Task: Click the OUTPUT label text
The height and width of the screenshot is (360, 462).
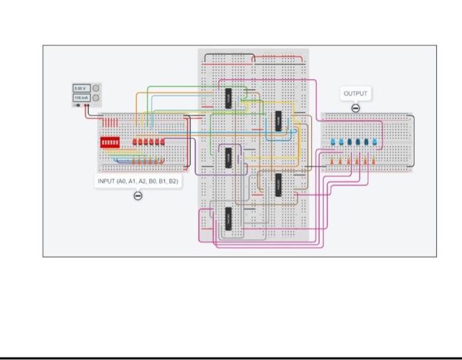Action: pyautogui.click(x=355, y=94)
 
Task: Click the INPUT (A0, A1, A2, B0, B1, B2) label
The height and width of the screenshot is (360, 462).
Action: pyautogui.click(x=138, y=180)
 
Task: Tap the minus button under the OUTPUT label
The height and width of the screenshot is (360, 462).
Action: pyautogui.click(x=355, y=108)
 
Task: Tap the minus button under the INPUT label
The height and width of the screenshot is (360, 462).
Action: pyautogui.click(x=138, y=195)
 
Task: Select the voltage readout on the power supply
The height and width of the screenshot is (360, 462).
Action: pyautogui.click(x=79, y=88)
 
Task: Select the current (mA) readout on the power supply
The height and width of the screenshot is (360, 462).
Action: pyautogui.click(x=79, y=98)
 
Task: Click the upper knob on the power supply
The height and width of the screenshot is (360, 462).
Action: pyautogui.click(x=95, y=88)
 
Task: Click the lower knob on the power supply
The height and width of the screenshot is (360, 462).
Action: pyautogui.click(x=95, y=98)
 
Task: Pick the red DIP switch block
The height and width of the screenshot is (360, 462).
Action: pyautogui.click(x=110, y=142)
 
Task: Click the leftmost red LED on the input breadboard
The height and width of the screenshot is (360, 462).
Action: pyautogui.click(x=135, y=142)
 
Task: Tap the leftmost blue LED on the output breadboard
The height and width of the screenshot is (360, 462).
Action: pyautogui.click(x=333, y=143)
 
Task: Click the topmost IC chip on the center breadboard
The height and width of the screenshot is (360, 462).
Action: pyautogui.click(x=228, y=98)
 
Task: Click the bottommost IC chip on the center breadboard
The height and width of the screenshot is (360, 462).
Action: pyautogui.click(x=228, y=218)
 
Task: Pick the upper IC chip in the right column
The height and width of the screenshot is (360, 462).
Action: pyautogui.click(x=278, y=122)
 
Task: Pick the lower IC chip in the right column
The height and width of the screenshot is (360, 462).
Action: pyautogui.click(x=278, y=184)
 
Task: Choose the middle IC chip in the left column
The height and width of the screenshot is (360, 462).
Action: pyautogui.click(x=228, y=157)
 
